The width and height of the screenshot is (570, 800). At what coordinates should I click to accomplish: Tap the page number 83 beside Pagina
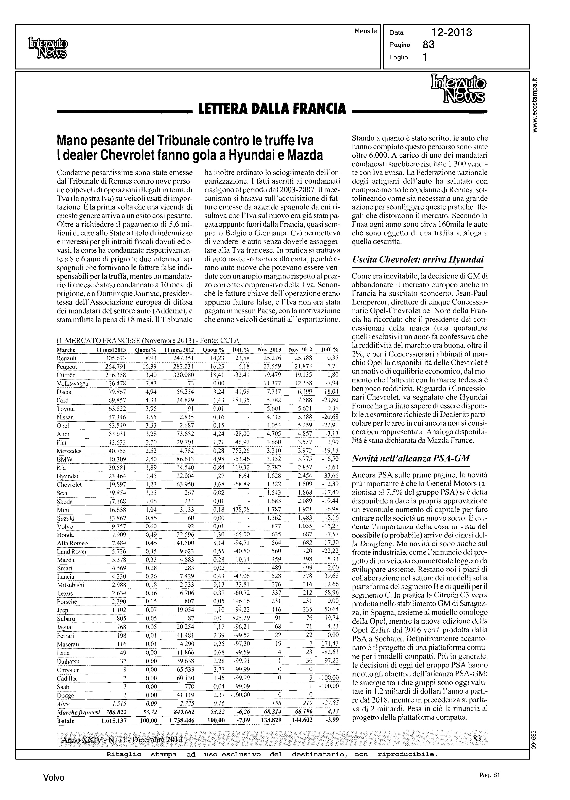point(429,45)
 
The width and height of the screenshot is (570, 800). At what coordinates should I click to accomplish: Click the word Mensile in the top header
point(365,31)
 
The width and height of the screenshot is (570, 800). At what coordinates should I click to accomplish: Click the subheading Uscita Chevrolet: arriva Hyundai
point(418,260)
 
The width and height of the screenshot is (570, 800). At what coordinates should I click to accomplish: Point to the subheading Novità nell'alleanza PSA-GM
point(411,458)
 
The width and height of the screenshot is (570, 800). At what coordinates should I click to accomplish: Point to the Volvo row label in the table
point(65,527)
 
